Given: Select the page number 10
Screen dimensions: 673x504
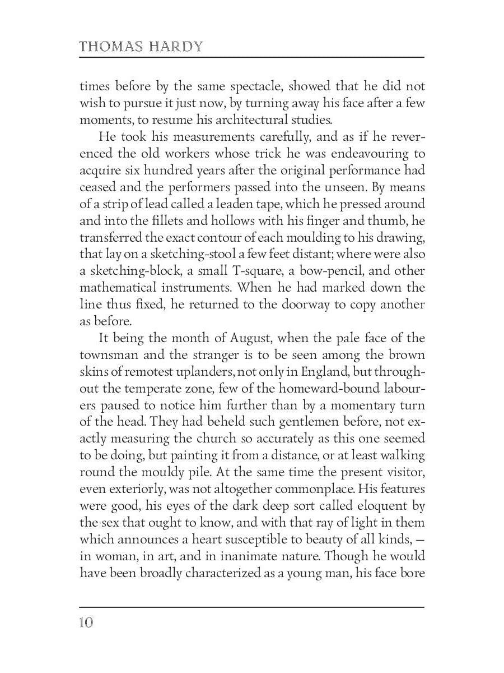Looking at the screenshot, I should [x=87, y=623].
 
